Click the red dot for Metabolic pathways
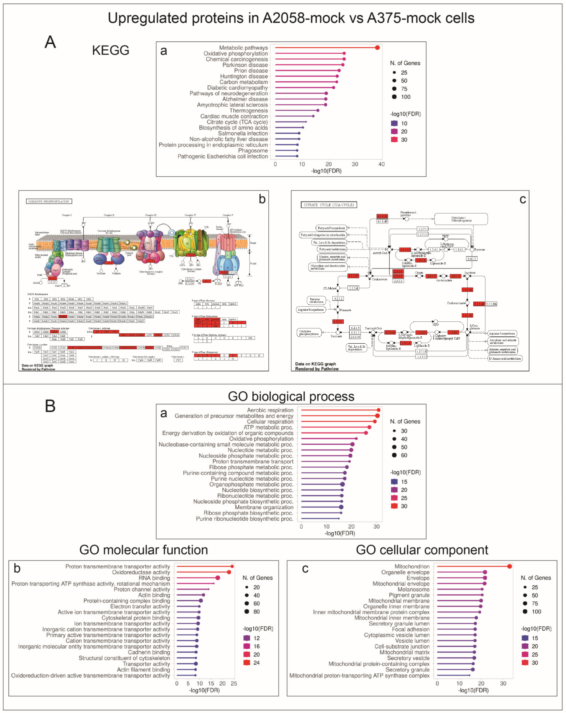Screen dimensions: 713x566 point(377,48)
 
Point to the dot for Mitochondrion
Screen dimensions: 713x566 point(509,566)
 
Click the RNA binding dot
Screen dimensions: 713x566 point(218,578)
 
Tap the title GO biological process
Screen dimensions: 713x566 point(291,396)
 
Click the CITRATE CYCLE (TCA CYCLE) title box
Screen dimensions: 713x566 point(329,205)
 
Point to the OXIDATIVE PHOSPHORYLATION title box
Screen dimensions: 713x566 point(49,201)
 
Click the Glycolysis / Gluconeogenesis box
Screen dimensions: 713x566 point(461,219)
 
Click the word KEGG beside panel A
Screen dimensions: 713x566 point(110,50)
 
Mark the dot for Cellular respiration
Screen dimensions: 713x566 point(375,421)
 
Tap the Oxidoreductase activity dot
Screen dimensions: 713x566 point(229,572)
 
